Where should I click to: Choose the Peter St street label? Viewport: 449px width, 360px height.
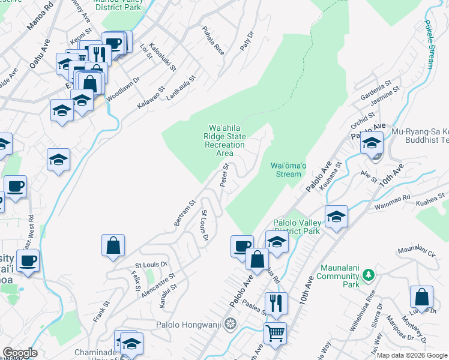[x=225, y=175]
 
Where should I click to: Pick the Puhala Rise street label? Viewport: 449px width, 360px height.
[x=212, y=41]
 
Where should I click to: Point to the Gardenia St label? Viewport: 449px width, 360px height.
[x=376, y=89]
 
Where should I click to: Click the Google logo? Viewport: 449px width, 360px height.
[x=20, y=353]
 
